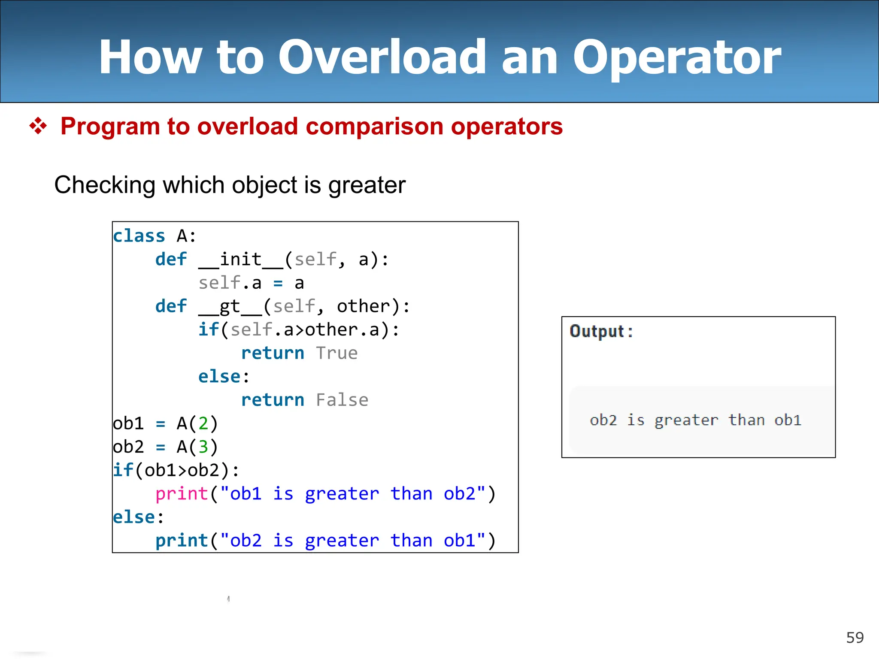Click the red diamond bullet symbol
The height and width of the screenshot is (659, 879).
[x=38, y=126]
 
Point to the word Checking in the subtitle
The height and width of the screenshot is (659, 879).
[x=104, y=185]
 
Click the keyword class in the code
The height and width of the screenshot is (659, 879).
[x=139, y=236]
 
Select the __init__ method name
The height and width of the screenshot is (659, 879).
[x=240, y=260]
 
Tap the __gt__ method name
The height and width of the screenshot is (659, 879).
[x=230, y=306]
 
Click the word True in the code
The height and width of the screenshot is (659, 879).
[x=337, y=353]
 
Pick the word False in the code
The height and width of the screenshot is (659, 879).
[x=342, y=400]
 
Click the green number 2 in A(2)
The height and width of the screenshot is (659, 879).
[x=203, y=423]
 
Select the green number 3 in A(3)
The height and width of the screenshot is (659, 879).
[x=203, y=447]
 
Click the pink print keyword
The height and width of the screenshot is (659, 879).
[x=182, y=494]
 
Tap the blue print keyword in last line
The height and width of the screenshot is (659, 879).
[x=182, y=541]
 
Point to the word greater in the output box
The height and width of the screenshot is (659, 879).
[x=686, y=420]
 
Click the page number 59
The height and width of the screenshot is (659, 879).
[x=855, y=638]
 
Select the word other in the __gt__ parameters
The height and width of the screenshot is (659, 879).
[x=363, y=306]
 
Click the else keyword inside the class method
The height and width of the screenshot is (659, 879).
[x=219, y=377]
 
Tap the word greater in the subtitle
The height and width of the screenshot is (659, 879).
[x=367, y=185]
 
